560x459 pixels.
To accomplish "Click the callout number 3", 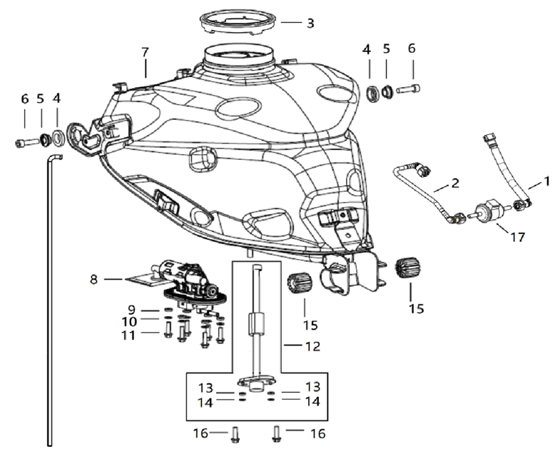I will pos(310,23).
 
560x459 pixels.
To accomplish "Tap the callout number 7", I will pos(145,52).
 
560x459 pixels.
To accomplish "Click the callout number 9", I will pos(131,310).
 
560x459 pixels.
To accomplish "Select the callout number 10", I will pos(129,321).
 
